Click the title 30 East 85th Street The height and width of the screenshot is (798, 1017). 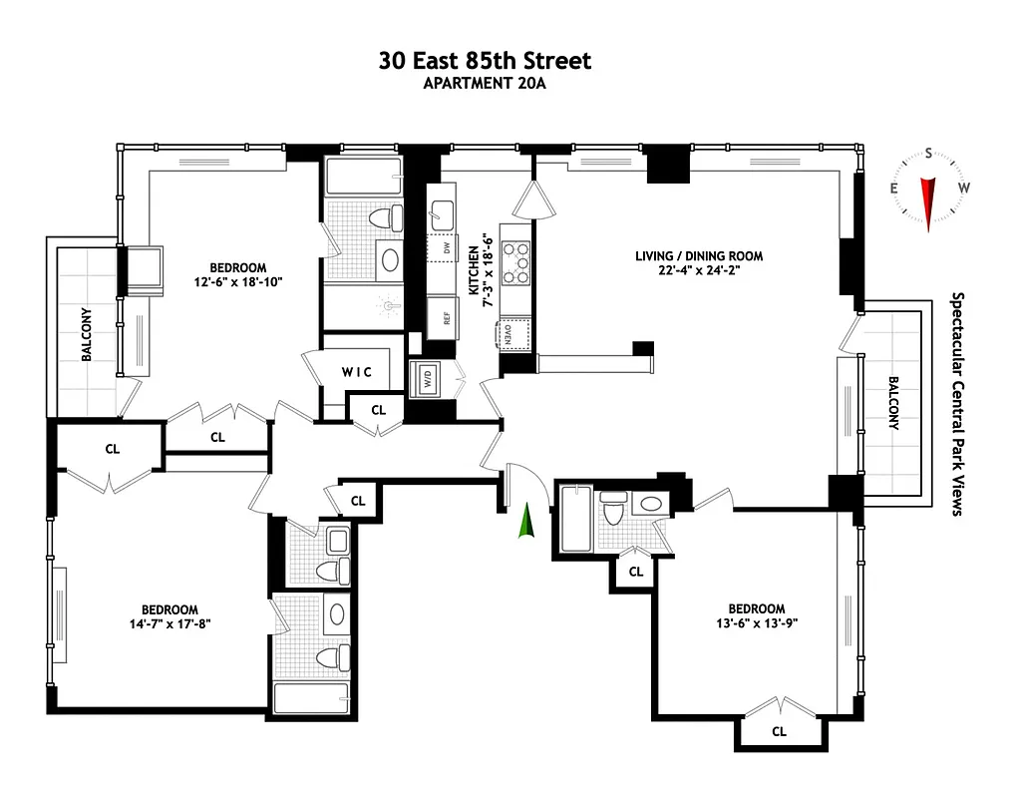point(485,61)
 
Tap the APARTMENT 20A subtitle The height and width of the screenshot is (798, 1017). point(485,84)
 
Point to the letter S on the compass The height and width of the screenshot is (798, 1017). point(929,154)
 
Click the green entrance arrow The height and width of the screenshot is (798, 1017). point(523,522)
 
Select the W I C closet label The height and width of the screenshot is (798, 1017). point(357,372)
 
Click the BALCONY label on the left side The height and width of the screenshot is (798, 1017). point(87,333)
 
